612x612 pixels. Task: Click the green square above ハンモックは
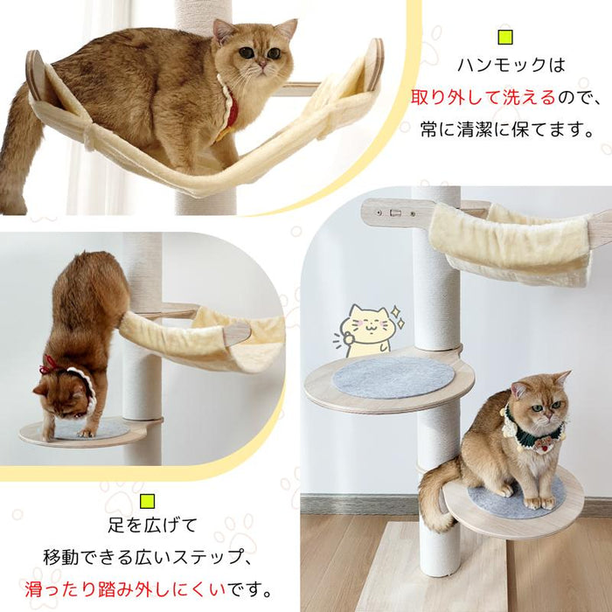[x=504, y=38]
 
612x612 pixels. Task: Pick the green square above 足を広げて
[x=146, y=500]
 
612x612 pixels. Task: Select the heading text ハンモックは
[x=504, y=66]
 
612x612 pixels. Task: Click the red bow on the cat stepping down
[x=49, y=364]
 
